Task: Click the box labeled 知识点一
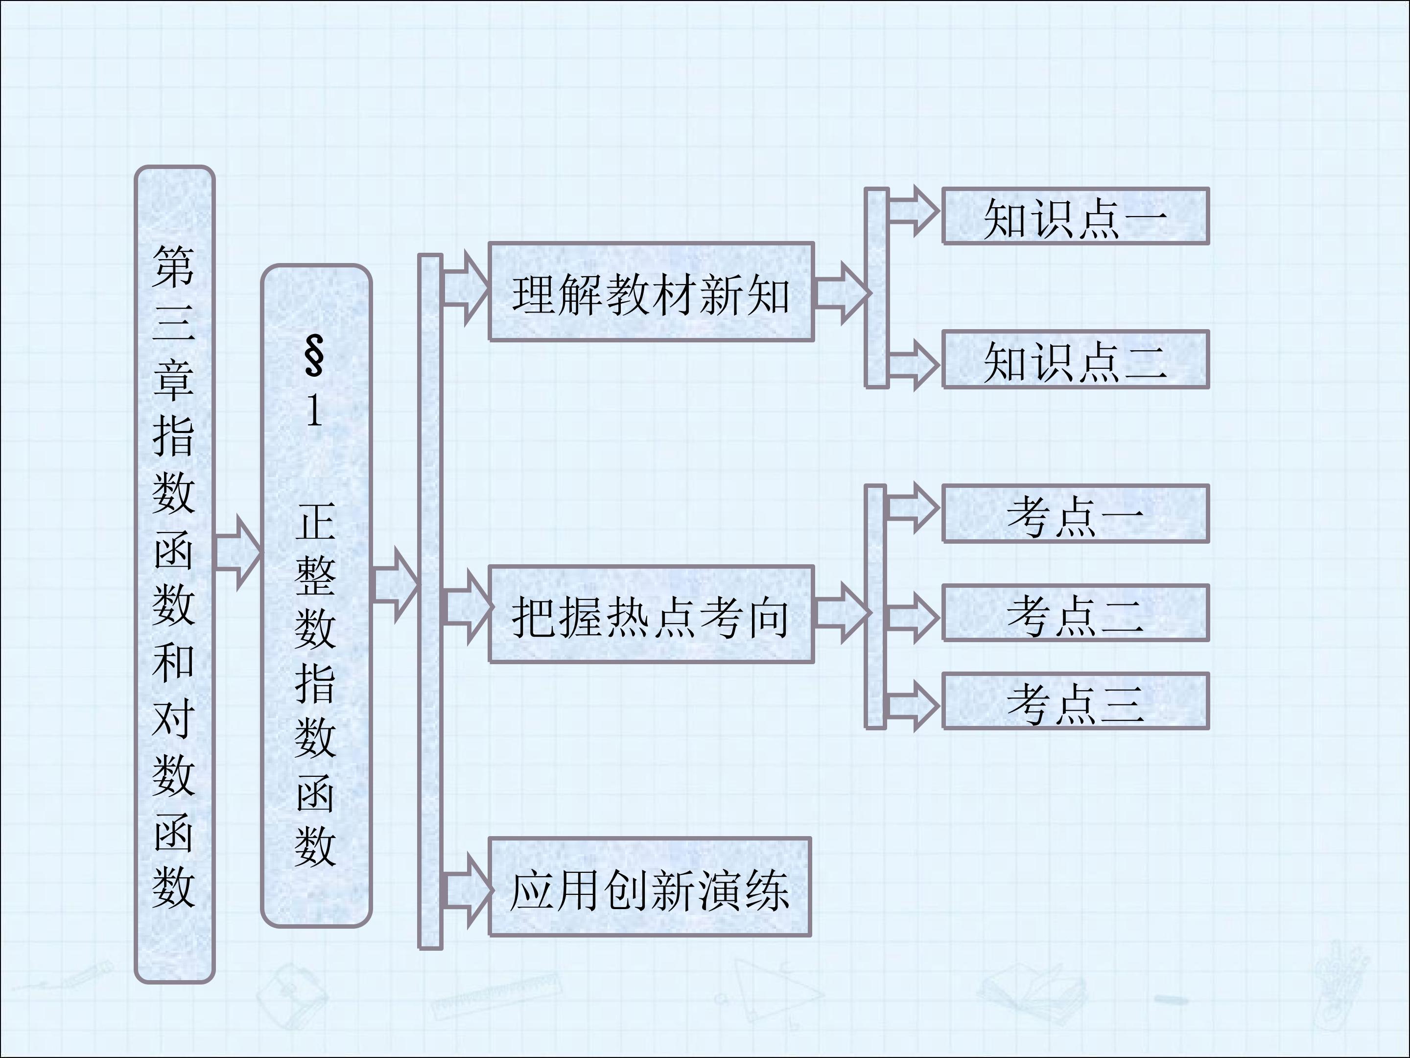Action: click(x=1075, y=216)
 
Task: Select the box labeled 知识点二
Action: click(x=1075, y=359)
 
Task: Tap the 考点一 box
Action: click(x=1075, y=514)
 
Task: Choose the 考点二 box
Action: click(x=1075, y=613)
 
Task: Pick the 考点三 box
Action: click(x=1075, y=701)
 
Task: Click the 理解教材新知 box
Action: click(x=651, y=292)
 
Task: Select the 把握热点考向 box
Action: click(x=651, y=615)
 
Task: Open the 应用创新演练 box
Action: click(x=650, y=887)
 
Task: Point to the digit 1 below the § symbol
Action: click(x=314, y=409)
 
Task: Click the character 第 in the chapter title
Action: click(x=173, y=266)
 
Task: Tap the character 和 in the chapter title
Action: click(x=173, y=663)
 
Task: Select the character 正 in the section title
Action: click(x=315, y=522)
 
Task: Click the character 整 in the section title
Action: click(x=315, y=577)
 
